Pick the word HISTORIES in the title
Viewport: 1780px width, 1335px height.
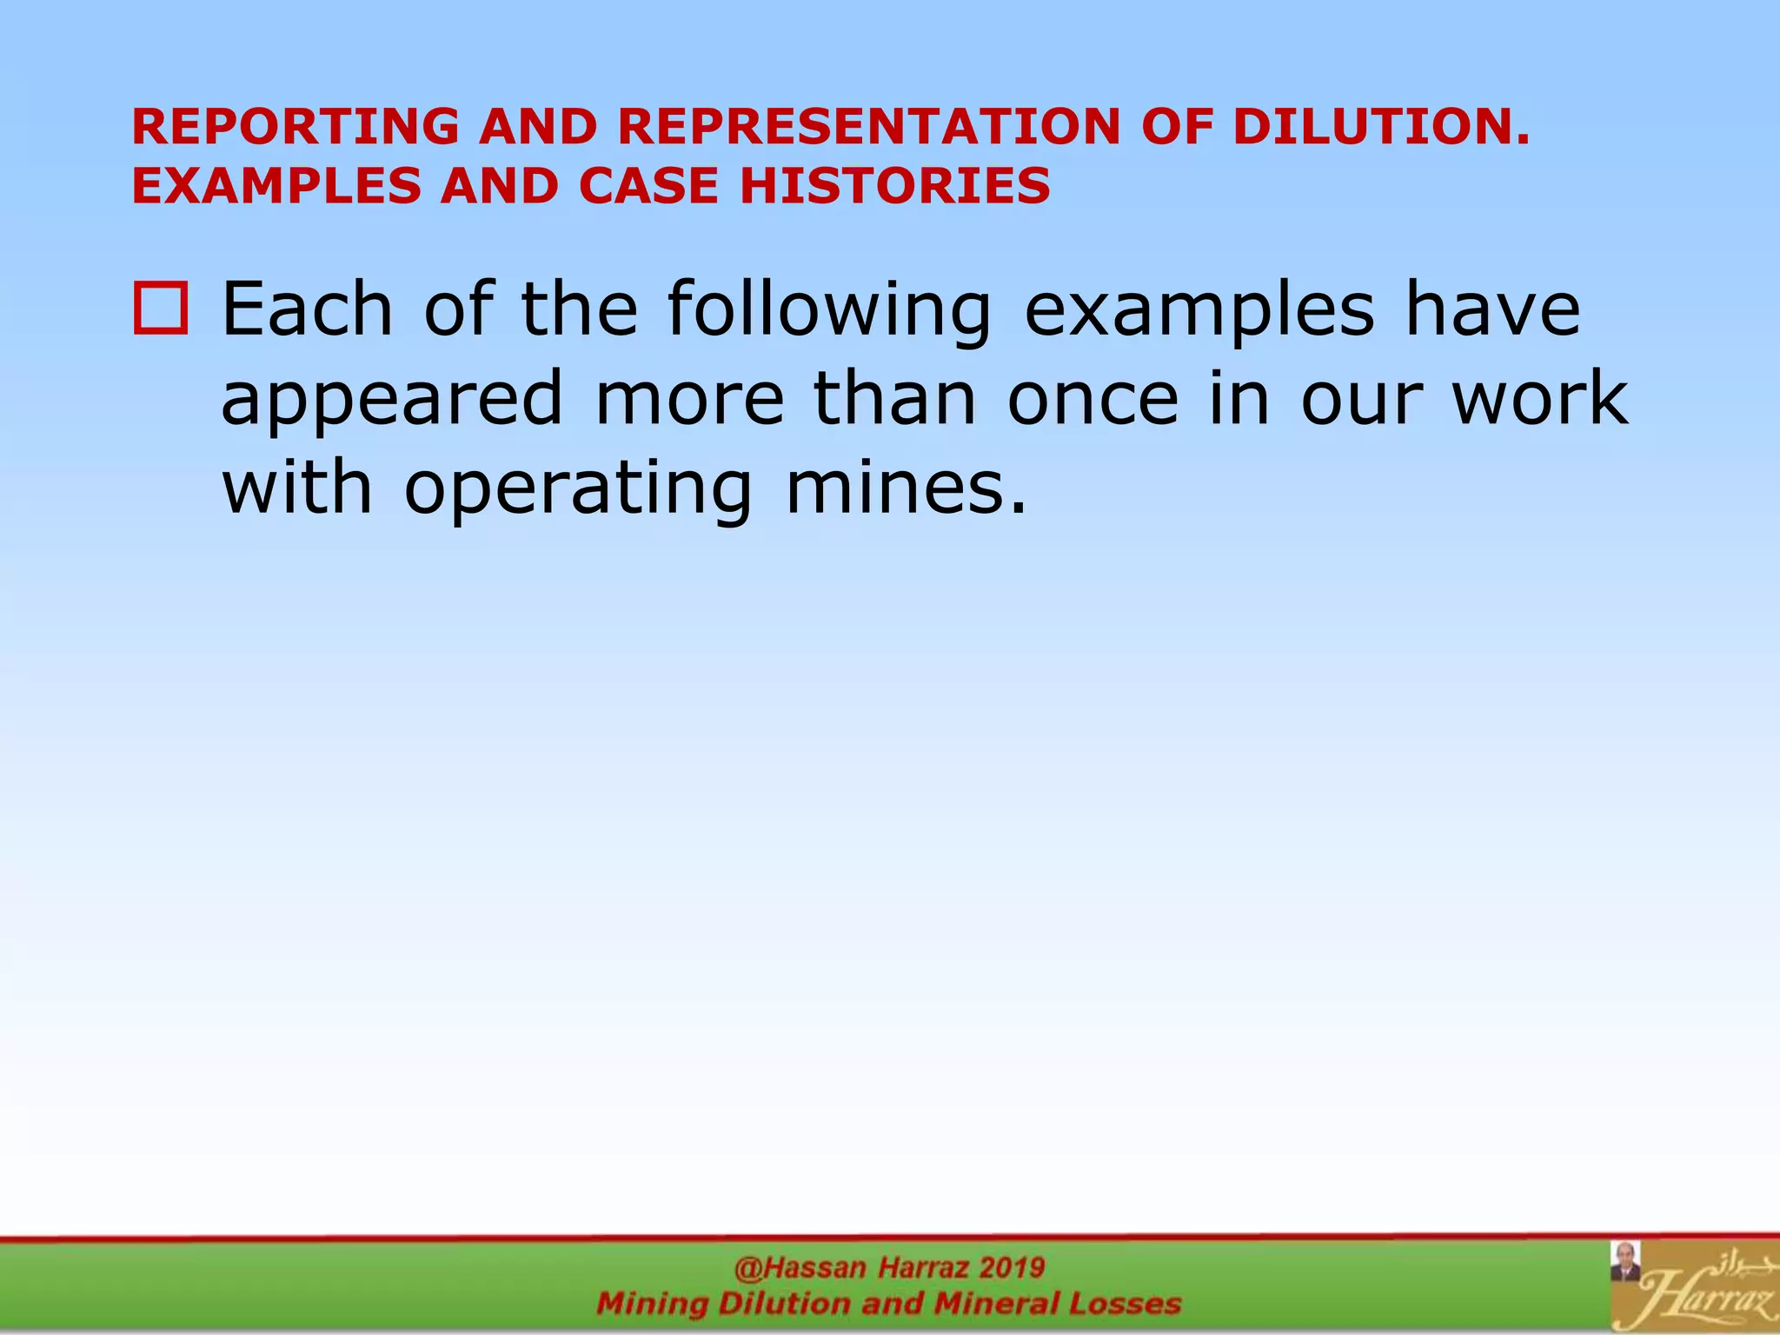pyautogui.click(x=895, y=187)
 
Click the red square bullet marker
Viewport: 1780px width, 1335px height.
pyautogui.click(x=160, y=309)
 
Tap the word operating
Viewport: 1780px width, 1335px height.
pyautogui.click(x=579, y=490)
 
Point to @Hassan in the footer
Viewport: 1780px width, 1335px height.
pyautogui.click(x=800, y=1268)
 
